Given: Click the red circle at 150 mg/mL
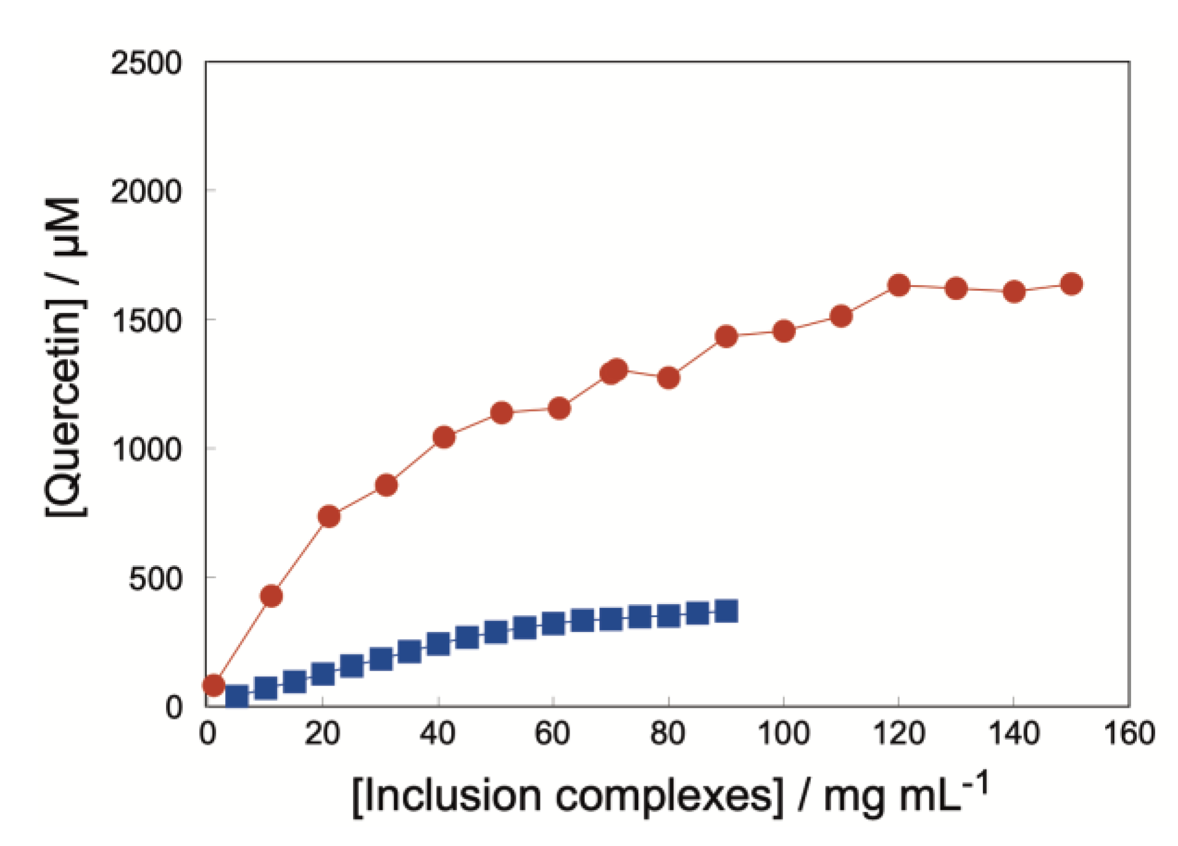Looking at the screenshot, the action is click(1071, 284).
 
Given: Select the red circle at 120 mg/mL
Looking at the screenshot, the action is click(898, 285).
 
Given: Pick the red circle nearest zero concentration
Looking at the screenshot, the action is click(214, 685).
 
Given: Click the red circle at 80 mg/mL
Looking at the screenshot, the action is click(668, 377).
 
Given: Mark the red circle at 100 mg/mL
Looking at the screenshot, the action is click(784, 331).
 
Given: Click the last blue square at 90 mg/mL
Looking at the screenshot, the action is click(726, 611).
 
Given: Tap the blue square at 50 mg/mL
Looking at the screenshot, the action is click(496, 632).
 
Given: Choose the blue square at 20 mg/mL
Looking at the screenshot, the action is click(323, 674).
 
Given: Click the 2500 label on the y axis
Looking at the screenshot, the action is click(146, 63).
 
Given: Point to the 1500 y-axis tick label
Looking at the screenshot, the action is click(147, 321).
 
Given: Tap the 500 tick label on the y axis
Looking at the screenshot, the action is click(156, 579).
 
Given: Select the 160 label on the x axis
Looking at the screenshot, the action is click(1129, 734).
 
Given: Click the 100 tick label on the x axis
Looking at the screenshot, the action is click(783, 734).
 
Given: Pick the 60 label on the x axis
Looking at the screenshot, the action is click(552, 734).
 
